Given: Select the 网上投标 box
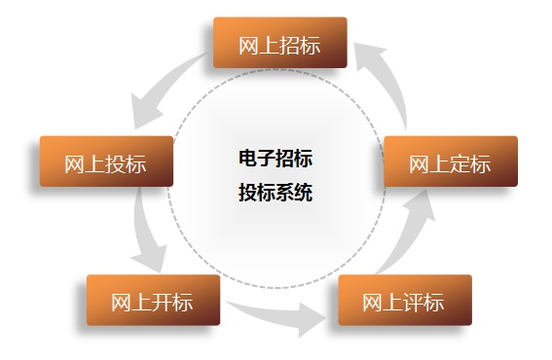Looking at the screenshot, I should click(106, 162).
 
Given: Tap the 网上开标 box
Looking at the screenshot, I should click(153, 300).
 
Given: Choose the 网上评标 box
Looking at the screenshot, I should click(404, 300).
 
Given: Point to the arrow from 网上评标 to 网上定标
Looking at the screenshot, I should click(408, 234).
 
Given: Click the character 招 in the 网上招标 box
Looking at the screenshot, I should click(289, 44).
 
